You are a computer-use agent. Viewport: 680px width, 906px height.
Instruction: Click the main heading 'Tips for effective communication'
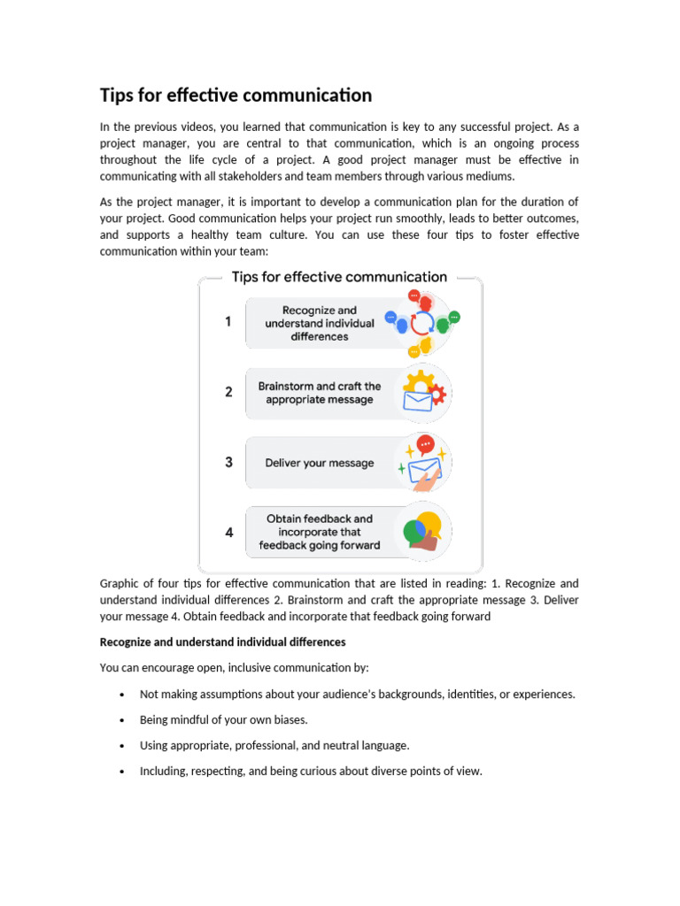(x=236, y=95)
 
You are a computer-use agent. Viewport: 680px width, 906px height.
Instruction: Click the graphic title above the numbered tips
(x=339, y=277)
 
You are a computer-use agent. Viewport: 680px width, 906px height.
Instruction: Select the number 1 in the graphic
(x=228, y=322)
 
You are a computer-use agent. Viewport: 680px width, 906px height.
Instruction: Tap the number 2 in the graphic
(x=228, y=392)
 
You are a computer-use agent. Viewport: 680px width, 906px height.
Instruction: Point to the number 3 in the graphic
(x=228, y=462)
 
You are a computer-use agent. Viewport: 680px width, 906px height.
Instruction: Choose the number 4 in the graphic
(x=228, y=533)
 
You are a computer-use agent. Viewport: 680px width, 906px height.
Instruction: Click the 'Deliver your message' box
(x=320, y=463)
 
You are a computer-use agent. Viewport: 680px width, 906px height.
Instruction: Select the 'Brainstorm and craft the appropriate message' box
(x=320, y=393)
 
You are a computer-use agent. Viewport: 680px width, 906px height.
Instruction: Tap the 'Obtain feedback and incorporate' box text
(x=320, y=532)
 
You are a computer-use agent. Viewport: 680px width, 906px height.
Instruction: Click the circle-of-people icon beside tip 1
(x=422, y=322)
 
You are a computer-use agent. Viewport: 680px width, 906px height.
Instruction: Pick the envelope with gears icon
(x=421, y=393)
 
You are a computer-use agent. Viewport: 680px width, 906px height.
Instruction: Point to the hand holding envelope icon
(x=423, y=463)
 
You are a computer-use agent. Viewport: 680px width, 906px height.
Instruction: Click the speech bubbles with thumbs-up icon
(x=422, y=532)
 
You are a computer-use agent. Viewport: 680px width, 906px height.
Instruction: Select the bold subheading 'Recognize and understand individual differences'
(x=222, y=641)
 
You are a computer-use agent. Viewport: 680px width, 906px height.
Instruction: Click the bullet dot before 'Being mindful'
(x=120, y=721)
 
